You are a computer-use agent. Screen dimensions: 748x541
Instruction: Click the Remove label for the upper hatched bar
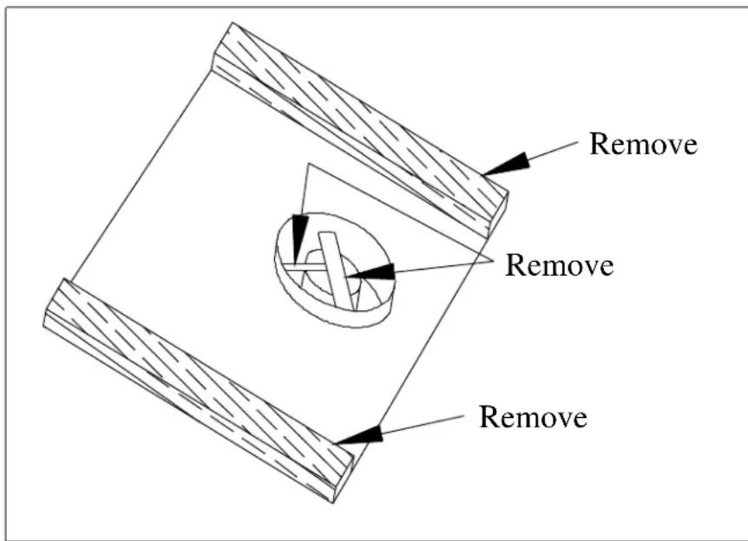(x=644, y=143)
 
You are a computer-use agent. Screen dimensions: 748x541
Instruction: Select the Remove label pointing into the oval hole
(x=559, y=264)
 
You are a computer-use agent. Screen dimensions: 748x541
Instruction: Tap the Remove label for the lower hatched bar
(x=533, y=417)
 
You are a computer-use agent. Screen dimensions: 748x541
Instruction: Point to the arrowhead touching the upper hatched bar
(x=506, y=165)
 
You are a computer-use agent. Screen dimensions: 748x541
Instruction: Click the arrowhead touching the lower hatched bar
(x=358, y=434)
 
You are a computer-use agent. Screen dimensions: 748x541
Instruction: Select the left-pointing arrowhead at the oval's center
(x=371, y=271)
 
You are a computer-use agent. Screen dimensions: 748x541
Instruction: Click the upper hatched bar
(x=360, y=128)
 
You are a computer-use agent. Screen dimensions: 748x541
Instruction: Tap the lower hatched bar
(x=198, y=390)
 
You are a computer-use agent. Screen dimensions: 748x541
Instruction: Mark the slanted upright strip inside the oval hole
(x=337, y=270)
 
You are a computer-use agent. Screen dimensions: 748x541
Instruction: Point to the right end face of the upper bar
(x=498, y=214)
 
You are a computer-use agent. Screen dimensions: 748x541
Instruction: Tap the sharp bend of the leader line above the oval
(x=309, y=164)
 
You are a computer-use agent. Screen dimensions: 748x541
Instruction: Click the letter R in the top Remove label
(x=599, y=143)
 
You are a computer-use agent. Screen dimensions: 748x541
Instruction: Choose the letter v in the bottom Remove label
(x=558, y=420)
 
